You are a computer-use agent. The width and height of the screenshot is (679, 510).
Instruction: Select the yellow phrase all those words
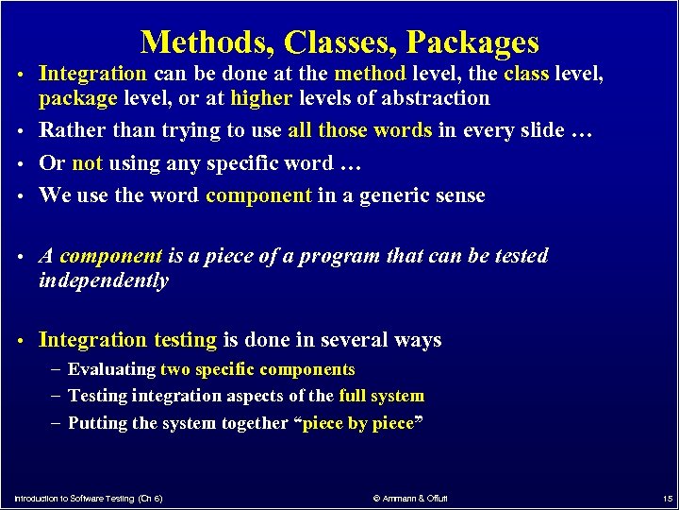click(x=359, y=130)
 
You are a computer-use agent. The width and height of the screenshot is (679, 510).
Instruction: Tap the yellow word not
click(x=87, y=163)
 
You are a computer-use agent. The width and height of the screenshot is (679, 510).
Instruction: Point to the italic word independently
click(x=103, y=281)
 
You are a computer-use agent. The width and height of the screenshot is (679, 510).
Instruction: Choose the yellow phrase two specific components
click(x=257, y=369)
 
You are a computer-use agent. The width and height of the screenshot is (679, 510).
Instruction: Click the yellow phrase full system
click(x=381, y=396)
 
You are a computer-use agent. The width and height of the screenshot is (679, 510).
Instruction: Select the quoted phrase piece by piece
click(x=359, y=423)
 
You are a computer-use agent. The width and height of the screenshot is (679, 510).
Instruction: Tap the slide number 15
click(x=666, y=497)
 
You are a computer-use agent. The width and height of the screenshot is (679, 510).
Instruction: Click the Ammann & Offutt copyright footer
click(x=410, y=497)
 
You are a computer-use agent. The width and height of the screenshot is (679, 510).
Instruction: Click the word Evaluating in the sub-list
click(x=111, y=369)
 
